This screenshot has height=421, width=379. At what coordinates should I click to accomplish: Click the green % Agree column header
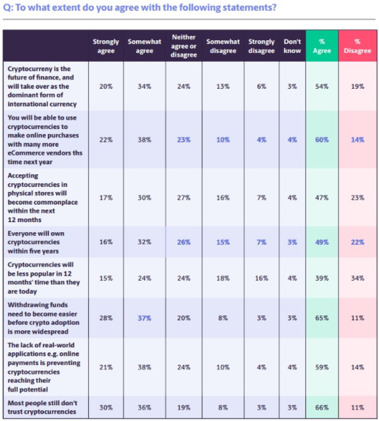click(x=322, y=46)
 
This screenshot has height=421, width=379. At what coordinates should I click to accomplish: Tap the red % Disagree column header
click(x=357, y=46)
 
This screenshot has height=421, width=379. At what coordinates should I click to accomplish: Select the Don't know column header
click(x=292, y=46)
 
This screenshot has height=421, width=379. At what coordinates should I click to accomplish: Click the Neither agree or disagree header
click(x=184, y=46)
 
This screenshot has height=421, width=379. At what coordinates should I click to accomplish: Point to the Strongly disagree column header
click(x=262, y=46)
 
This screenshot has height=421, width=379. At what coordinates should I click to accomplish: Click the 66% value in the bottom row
click(x=322, y=408)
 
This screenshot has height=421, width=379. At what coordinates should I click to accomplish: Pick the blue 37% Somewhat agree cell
click(x=144, y=318)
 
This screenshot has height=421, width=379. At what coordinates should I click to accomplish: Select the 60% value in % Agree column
click(x=322, y=140)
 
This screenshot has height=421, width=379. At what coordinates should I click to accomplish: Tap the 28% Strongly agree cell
click(x=106, y=318)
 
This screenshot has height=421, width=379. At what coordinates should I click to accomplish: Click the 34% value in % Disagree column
click(x=357, y=278)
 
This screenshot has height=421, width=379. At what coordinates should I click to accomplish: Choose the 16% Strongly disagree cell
click(x=262, y=278)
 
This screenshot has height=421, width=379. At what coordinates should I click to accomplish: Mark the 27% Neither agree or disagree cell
click(x=184, y=198)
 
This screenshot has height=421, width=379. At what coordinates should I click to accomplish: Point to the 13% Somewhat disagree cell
click(x=223, y=87)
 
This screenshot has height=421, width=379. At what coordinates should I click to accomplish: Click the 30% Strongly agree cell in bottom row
click(x=106, y=408)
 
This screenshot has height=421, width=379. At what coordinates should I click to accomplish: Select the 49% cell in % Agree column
click(x=322, y=242)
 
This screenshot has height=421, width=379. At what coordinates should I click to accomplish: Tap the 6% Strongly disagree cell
click(x=262, y=87)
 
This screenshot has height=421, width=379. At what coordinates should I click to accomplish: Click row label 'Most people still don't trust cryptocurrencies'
click(x=43, y=408)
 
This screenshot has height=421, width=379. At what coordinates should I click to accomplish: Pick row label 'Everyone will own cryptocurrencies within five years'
click(x=36, y=242)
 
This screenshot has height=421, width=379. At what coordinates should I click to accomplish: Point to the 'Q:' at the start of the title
click(x=8, y=8)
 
